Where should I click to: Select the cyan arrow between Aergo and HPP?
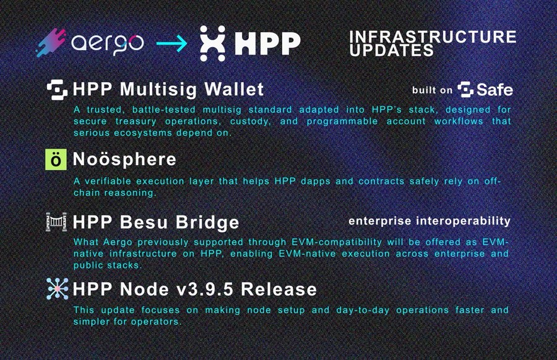(171, 43)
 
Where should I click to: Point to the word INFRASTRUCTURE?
(433, 36)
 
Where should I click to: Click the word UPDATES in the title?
(392, 50)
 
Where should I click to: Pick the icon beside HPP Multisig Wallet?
(58, 88)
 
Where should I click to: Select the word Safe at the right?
(494, 90)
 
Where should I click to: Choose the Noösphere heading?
(124, 159)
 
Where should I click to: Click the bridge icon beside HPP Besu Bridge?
(58, 221)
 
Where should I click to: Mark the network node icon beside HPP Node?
(58, 289)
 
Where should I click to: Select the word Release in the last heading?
(285, 289)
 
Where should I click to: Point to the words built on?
(433, 90)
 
